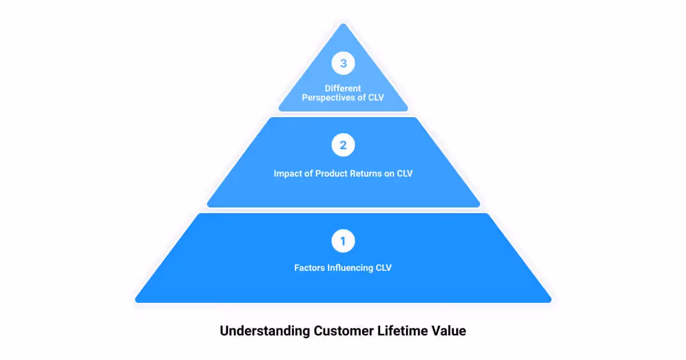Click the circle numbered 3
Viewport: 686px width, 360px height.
pyautogui.click(x=343, y=63)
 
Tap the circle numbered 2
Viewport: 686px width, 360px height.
pyautogui.click(x=343, y=145)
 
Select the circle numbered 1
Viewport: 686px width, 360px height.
pyautogui.click(x=343, y=241)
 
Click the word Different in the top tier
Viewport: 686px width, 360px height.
pyautogui.click(x=343, y=89)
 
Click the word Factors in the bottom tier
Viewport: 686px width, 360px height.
pyautogui.click(x=309, y=267)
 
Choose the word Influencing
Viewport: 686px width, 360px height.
pyautogui.click(x=349, y=267)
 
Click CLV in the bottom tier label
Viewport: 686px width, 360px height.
pyautogui.click(x=382, y=267)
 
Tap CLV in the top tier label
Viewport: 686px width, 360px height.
pyautogui.click(x=375, y=98)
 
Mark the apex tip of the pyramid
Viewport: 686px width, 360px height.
pyautogui.click(x=343, y=24)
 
